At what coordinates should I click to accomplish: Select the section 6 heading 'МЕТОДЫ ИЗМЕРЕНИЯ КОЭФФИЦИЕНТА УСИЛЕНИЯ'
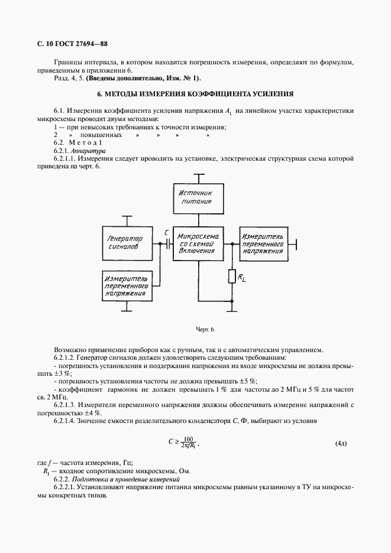[x=195, y=94]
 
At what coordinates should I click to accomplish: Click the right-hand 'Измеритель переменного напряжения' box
[x=263, y=243]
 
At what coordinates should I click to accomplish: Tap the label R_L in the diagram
[x=242, y=278]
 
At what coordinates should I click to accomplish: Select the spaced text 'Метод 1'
[x=86, y=144]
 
